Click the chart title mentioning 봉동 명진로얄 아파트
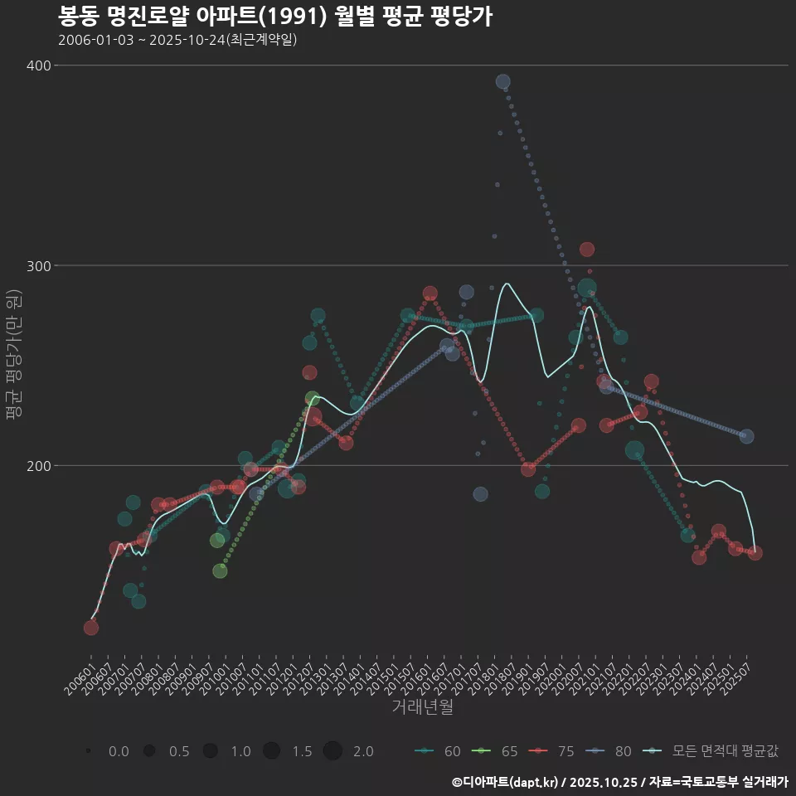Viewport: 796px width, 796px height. tap(275, 17)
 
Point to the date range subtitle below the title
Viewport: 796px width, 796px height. tap(177, 40)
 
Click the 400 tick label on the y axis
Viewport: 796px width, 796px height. tap(38, 66)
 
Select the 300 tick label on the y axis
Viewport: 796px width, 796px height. tap(38, 265)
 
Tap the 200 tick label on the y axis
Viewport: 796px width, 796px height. tap(38, 465)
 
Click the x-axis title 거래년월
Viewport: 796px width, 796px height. tap(422, 707)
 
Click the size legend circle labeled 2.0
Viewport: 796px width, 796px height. tap(332, 751)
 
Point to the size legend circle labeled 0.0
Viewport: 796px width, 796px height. tap(88, 751)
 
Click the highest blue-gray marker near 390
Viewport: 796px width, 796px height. tap(503, 81)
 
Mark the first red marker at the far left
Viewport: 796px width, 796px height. tap(91, 627)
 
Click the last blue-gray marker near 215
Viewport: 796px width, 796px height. tap(746, 436)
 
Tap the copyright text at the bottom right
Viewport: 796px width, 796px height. tap(619, 782)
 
